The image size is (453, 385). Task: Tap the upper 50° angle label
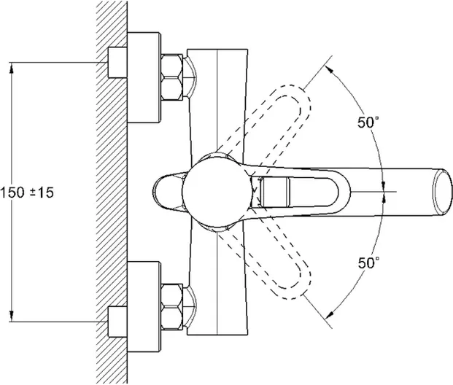click(x=368, y=122)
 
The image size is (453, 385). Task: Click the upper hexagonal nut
click(x=173, y=78)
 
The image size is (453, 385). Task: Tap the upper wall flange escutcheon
click(x=144, y=79)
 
